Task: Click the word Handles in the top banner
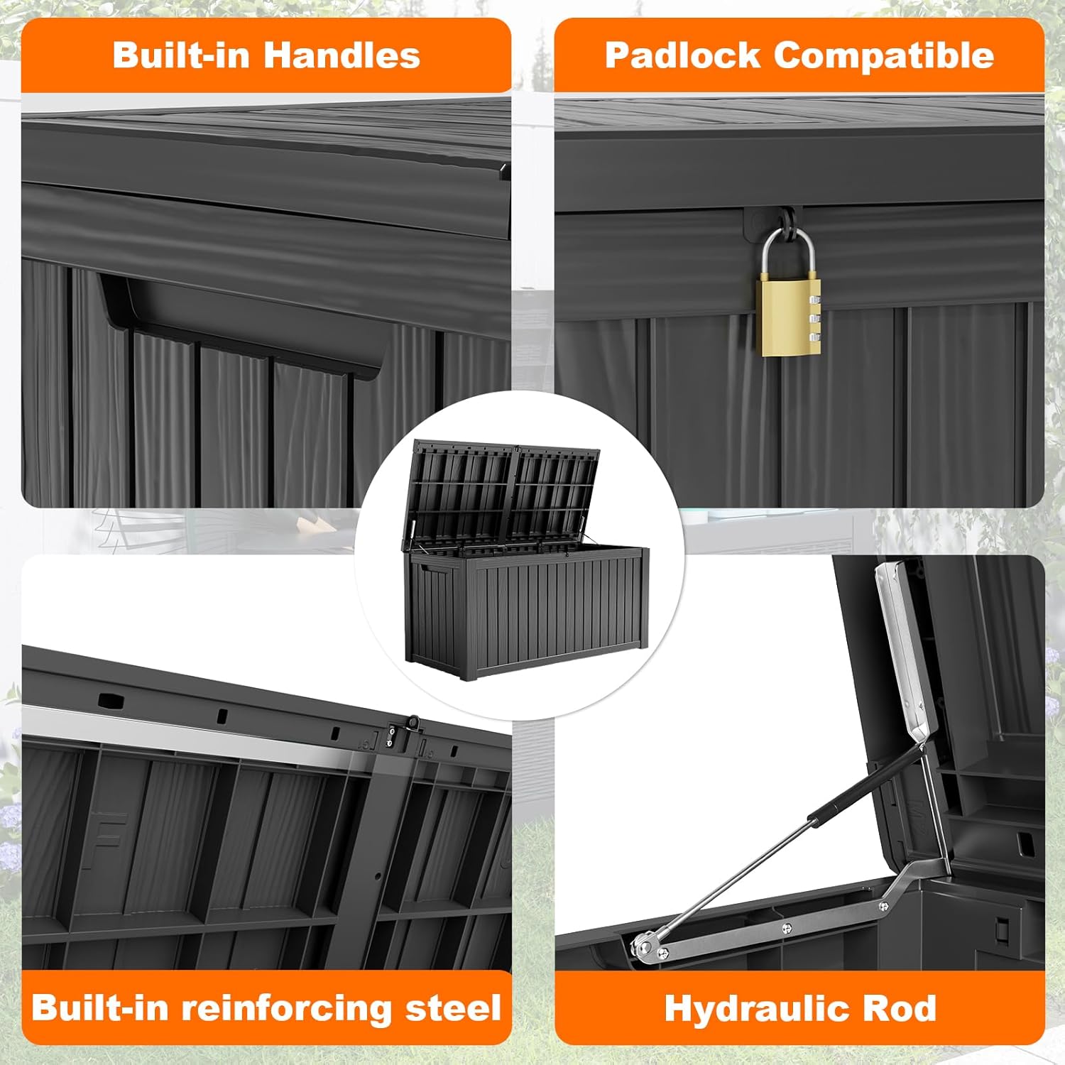(342, 55)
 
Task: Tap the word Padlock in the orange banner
(682, 55)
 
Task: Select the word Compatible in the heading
(883, 55)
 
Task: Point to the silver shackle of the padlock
(789, 248)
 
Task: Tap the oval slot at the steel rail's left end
(110, 701)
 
